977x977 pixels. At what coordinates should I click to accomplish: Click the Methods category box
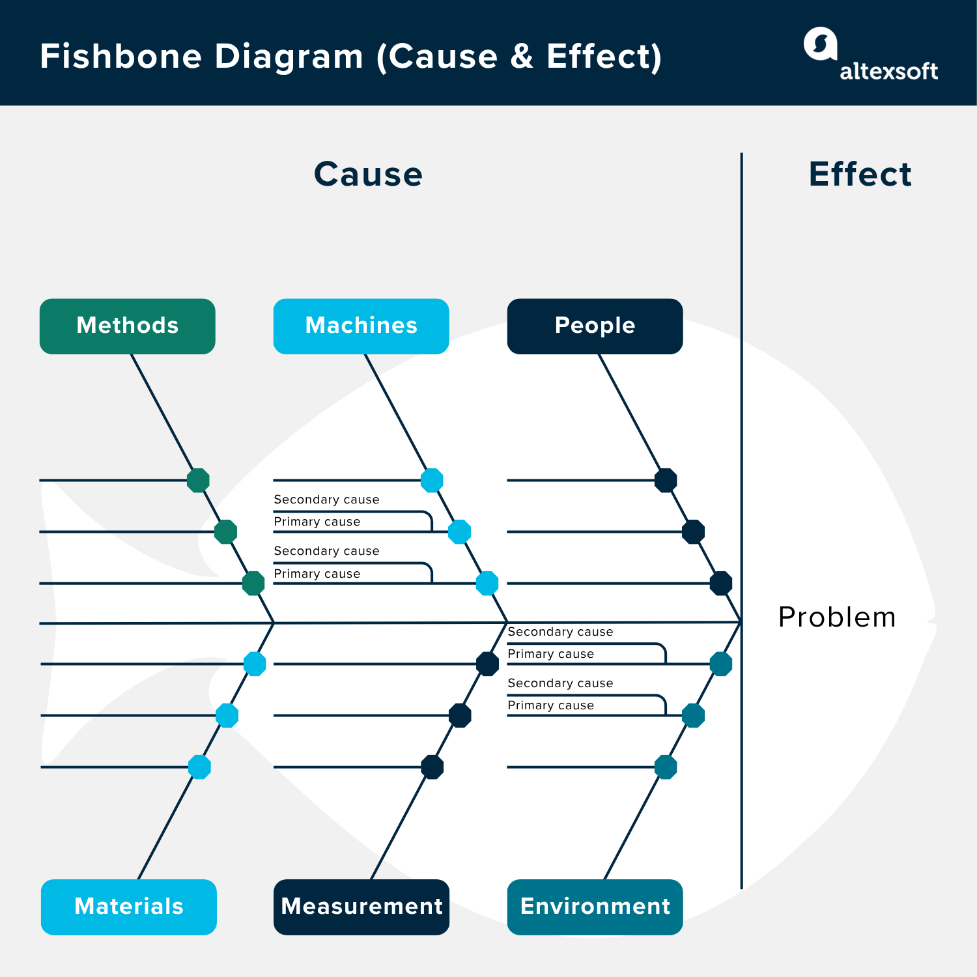click(128, 326)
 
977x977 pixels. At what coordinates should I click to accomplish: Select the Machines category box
click(361, 326)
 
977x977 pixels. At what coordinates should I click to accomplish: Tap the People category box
click(595, 326)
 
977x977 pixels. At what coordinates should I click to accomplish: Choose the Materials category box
click(129, 907)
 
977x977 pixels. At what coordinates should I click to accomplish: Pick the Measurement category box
click(361, 907)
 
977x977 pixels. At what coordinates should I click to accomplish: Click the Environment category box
click(595, 907)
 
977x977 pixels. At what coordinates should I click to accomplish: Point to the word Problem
click(837, 617)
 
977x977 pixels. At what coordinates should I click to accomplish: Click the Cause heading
click(368, 175)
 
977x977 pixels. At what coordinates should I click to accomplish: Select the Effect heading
click(860, 175)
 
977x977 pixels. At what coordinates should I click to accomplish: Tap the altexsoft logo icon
click(820, 44)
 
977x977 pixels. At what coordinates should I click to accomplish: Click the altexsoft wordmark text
click(888, 71)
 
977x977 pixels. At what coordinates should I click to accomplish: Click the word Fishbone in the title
click(121, 57)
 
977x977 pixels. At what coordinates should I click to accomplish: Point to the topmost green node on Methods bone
click(198, 481)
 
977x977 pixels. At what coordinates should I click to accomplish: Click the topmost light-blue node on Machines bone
click(432, 481)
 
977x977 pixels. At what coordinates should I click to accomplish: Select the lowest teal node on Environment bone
click(666, 767)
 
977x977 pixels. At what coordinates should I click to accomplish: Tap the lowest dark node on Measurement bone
click(432, 767)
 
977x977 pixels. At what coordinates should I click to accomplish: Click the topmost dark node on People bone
click(666, 481)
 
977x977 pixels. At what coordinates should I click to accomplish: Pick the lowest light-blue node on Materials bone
click(199, 767)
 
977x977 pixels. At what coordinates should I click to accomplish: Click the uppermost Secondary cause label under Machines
click(326, 500)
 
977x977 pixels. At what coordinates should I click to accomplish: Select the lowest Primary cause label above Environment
click(550, 705)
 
